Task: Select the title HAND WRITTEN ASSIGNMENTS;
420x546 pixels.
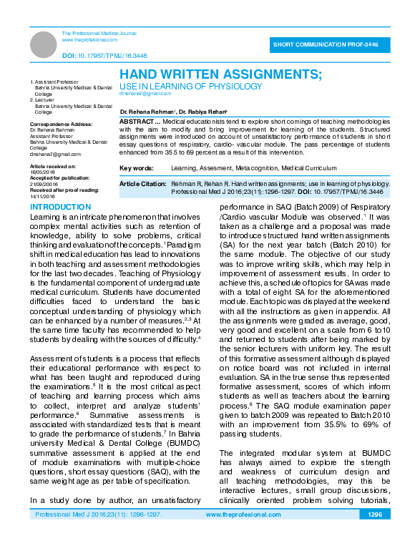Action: pos(220,74)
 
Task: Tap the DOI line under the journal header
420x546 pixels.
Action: pos(104,55)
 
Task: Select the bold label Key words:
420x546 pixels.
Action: pos(136,167)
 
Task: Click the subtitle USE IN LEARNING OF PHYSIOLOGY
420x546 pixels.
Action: pos(190,86)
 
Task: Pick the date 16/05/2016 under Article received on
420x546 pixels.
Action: pos(41,172)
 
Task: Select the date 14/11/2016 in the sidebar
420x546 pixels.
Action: pos(41,195)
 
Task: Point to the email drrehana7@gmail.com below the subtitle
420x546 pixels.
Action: pos(145,94)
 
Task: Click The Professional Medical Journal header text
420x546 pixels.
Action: pos(99,34)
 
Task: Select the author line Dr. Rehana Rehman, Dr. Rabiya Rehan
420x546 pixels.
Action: pos(173,112)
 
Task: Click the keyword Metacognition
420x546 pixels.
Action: pos(254,167)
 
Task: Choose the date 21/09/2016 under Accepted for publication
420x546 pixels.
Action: pos(41,184)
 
